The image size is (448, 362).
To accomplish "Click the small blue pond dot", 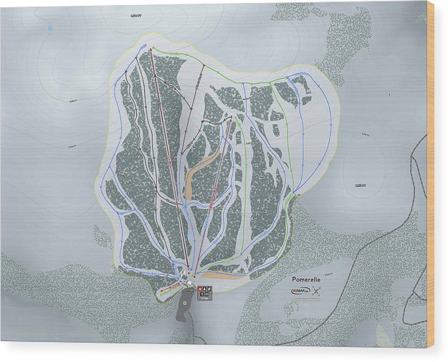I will (50, 28).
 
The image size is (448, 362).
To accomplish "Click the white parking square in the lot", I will (185, 303).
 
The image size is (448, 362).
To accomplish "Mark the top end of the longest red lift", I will (151, 49).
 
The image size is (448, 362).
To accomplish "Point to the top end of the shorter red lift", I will (231, 120).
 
